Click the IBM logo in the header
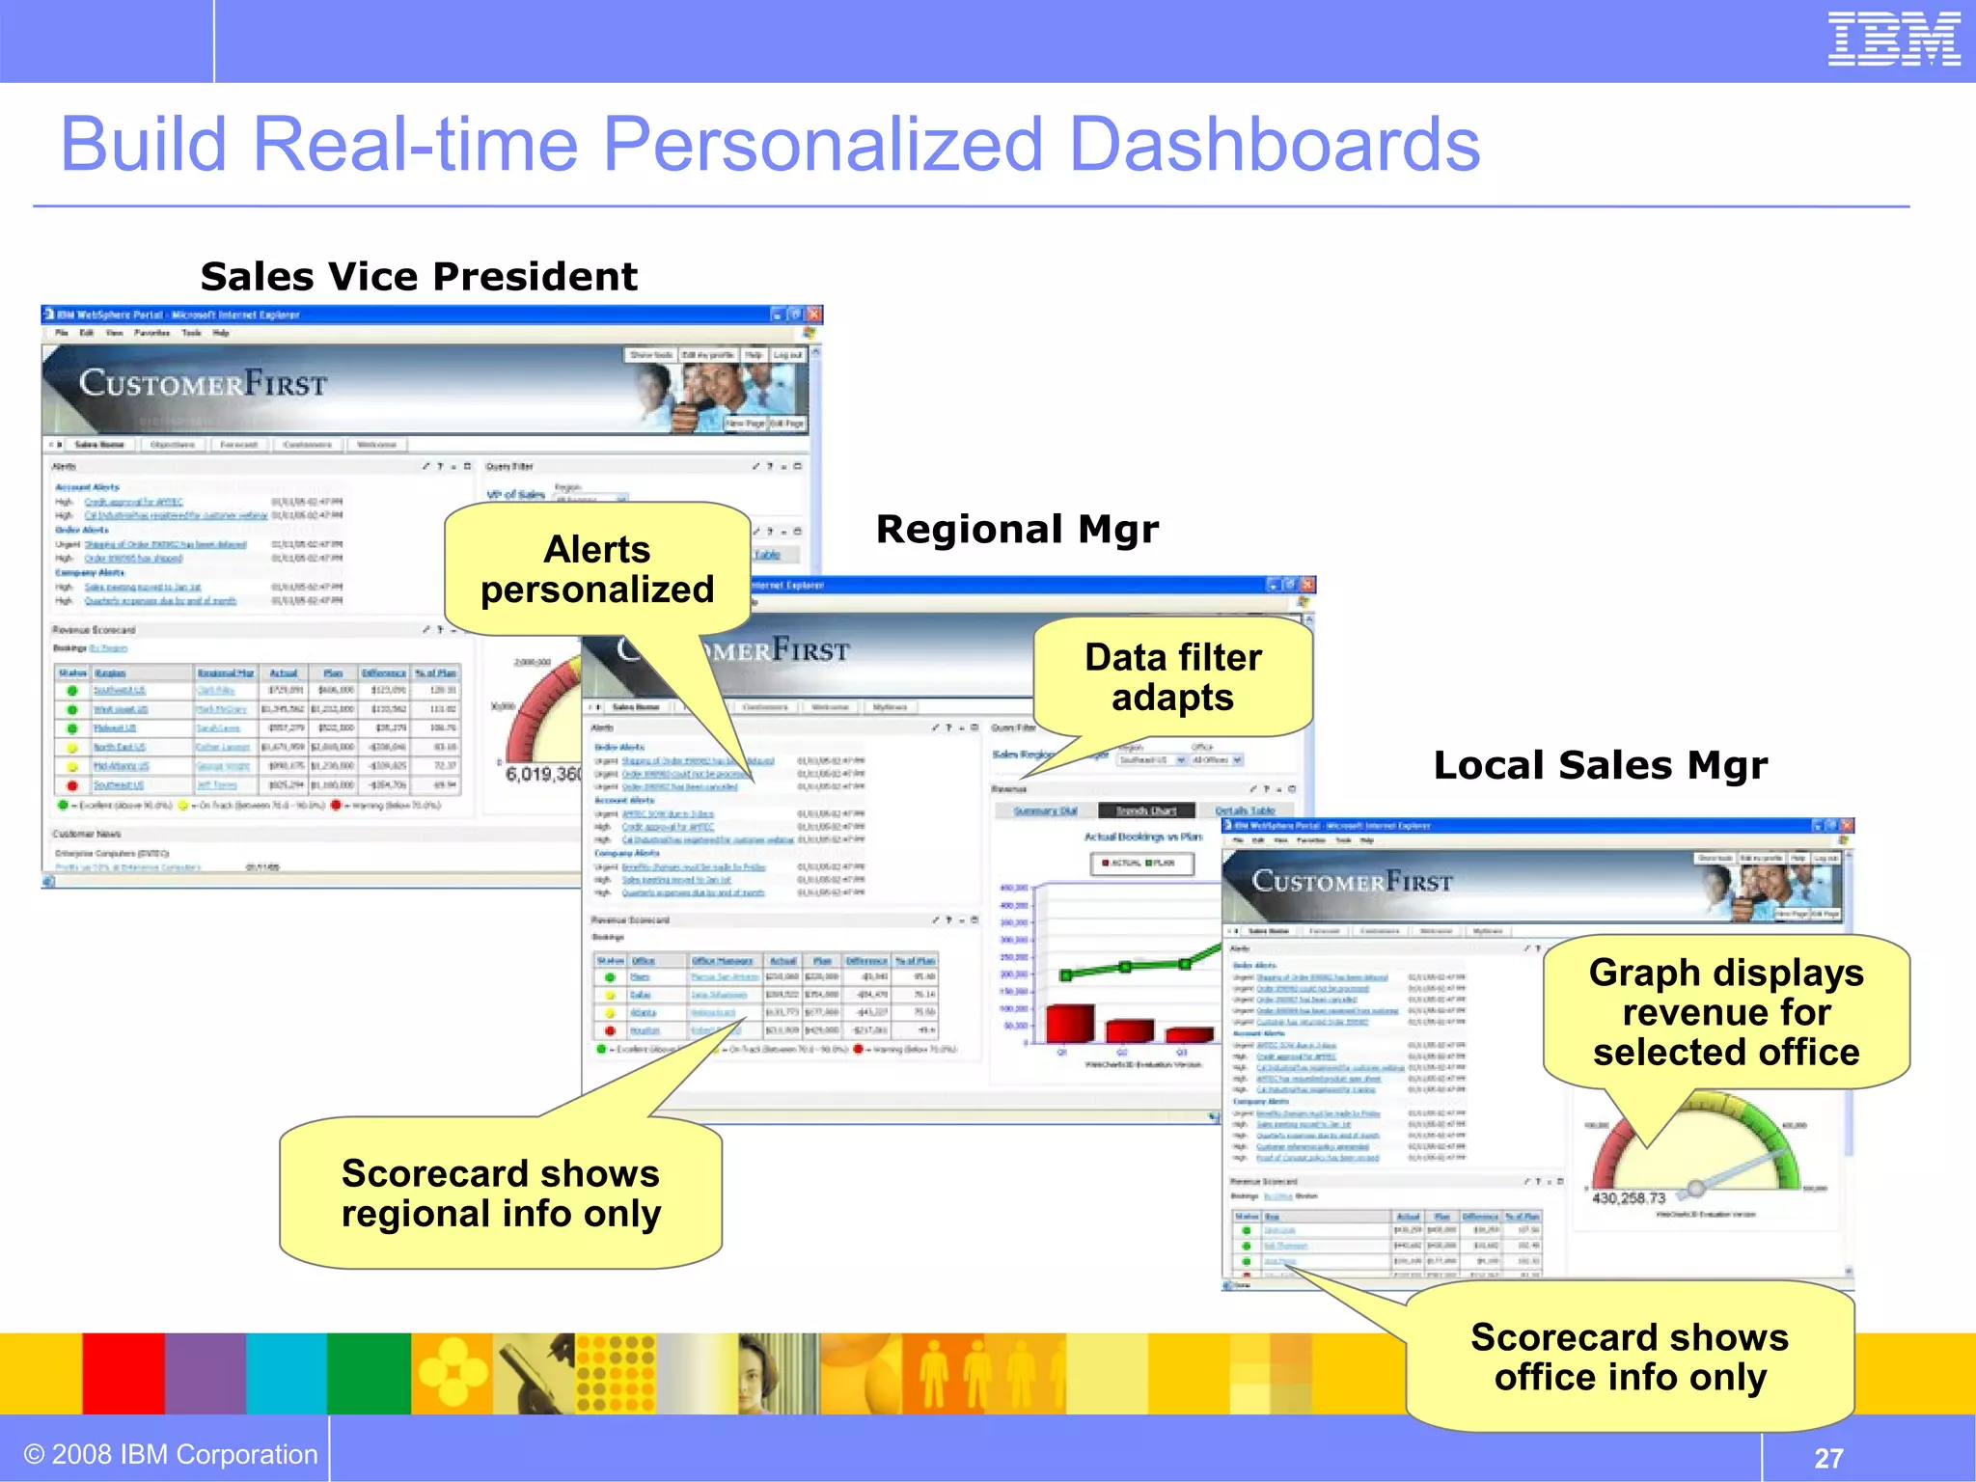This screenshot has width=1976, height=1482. pyautogui.click(x=1893, y=40)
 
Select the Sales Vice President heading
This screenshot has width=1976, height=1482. pyautogui.click(x=419, y=277)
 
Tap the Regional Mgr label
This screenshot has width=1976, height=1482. pyautogui.click(x=1017, y=530)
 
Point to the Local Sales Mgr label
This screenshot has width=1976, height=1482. pyautogui.click(x=1600, y=765)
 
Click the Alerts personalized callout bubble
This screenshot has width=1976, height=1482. pyautogui.click(x=597, y=569)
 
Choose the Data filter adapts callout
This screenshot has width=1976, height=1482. pyautogui.click(x=1172, y=676)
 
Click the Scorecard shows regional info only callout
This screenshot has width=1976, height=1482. pyautogui.click(x=501, y=1194)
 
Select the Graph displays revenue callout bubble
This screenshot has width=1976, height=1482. pyautogui.click(x=1725, y=1012)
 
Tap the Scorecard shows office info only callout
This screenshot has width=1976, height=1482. pyautogui.click(x=1630, y=1357)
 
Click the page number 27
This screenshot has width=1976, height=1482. pyautogui.click(x=1828, y=1457)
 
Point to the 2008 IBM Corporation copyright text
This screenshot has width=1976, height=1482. pyautogui.click(x=171, y=1454)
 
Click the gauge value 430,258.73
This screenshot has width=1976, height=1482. pyautogui.click(x=1629, y=1198)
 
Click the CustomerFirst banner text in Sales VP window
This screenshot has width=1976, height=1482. pyautogui.click(x=204, y=384)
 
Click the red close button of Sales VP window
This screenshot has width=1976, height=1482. pyautogui.click(x=814, y=315)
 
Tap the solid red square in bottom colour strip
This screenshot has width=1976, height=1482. pyautogui.click(x=123, y=1373)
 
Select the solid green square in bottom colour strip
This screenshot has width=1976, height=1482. pyautogui.click(x=369, y=1373)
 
